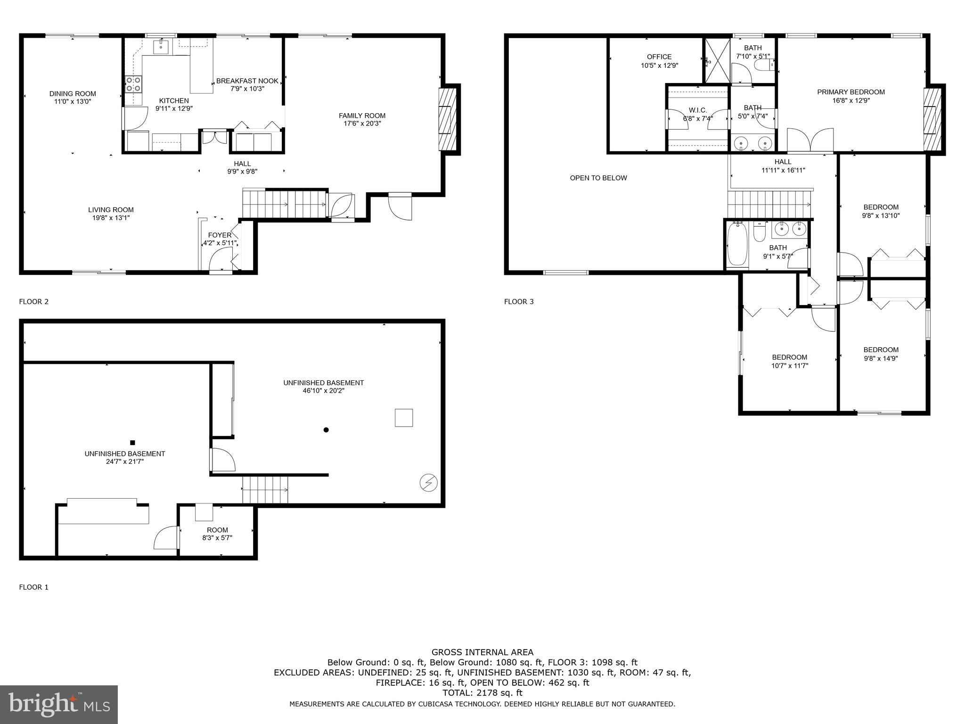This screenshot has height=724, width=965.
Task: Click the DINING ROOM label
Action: pyautogui.click(x=73, y=94)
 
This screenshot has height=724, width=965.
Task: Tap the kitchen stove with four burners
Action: pyautogui.click(x=133, y=84)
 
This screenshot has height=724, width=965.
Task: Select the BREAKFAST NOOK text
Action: pyautogui.click(x=247, y=81)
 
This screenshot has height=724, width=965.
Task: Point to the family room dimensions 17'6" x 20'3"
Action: pyautogui.click(x=362, y=123)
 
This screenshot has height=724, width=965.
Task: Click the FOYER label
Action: pyautogui.click(x=220, y=235)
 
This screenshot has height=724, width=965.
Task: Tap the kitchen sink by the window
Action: pyautogui.click(x=161, y=45)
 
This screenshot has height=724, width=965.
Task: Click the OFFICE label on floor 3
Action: pyautogui.click(x=659, y=57)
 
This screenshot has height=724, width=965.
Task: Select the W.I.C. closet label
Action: pyautogui.click(x=698, y=110)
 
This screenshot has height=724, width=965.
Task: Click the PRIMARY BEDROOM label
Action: pyautogui.click(x=851, y=92)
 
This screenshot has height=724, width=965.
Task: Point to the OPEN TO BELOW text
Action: pyautogui.click(x=598, y=178)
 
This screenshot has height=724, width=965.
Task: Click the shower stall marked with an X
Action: pyautogui.click(x=717, y=60)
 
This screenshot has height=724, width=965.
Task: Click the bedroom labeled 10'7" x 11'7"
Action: pyautogui.click(x=789, y=361)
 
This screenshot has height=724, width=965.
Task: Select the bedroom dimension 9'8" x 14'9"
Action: pyautogui.click(x=881, y=358)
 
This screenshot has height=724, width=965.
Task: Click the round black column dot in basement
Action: pyautogui.click(x=326, y=429)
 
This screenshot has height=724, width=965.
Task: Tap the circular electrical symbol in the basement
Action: pyautogui.click(x=429, y=483)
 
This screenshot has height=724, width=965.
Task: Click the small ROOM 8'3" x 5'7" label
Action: pyautogui.click(x=217, y=534)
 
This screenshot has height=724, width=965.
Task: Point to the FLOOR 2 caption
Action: pyautogui.click(x=33, y=302)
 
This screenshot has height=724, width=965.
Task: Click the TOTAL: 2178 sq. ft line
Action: pyautogui.click(x=482, y=693)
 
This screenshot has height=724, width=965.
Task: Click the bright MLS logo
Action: pyautogui.click(x=59, y=705)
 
